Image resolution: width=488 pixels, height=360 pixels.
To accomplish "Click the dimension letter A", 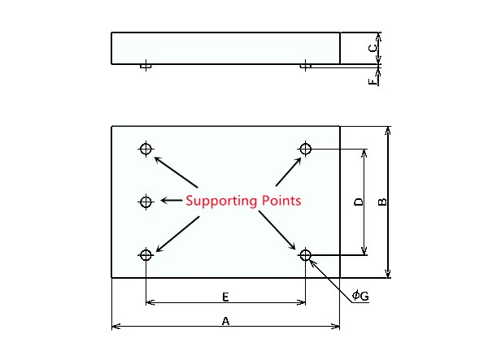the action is click(225, 321).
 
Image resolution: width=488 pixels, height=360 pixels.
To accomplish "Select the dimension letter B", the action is click(382, 202).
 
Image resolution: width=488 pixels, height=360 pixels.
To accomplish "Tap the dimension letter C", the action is click(373, 49).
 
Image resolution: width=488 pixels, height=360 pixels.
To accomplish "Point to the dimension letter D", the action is click(359, 202).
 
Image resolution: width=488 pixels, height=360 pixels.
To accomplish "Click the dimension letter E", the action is click(225, 297).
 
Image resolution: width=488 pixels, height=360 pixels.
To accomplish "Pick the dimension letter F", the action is click(372, 82).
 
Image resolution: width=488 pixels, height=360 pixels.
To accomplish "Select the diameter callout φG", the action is click(360, 295).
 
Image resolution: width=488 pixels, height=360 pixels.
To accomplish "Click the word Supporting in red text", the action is click(221, 202).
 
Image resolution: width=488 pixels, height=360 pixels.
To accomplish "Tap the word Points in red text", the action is click(281, 201).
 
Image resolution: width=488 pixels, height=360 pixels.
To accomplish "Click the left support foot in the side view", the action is click(146, 66).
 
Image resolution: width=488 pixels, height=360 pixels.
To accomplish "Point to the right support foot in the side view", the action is click(305, 66).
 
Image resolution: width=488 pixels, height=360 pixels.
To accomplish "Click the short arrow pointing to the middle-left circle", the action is click(172, 201).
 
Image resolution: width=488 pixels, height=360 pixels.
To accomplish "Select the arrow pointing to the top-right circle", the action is click(289, 172).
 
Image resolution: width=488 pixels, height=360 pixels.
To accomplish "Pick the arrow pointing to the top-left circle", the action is click(176, 172).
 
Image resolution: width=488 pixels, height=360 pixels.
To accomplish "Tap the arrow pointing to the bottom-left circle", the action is click(177, 234).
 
